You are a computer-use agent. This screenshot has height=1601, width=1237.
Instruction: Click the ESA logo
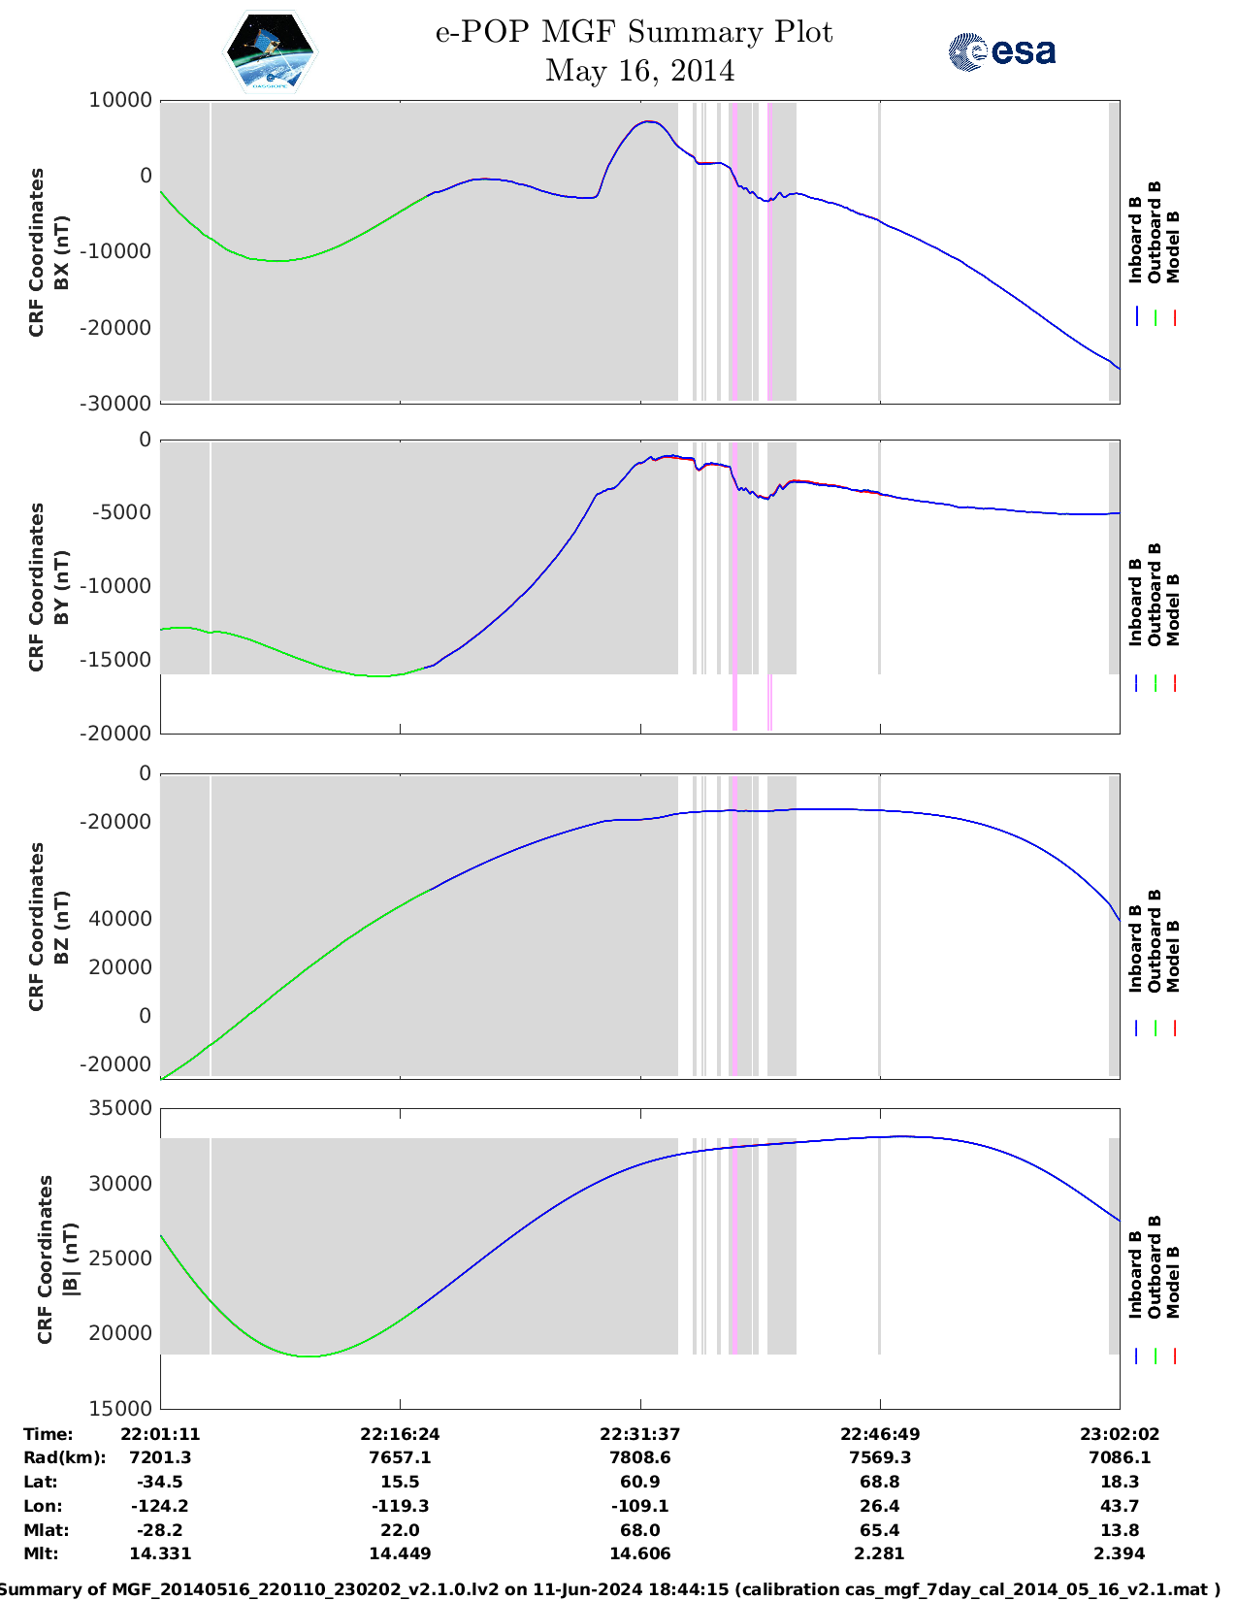point(1001,51)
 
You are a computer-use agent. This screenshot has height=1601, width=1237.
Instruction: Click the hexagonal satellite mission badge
point(271,51)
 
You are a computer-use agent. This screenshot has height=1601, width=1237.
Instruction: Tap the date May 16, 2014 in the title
point(639,71)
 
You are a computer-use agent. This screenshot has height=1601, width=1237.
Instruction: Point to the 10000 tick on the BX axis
point(121,100)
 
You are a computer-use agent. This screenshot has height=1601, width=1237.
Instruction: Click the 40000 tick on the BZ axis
point(121,919)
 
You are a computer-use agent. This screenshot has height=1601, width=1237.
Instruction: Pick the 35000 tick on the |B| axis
point(121,1108)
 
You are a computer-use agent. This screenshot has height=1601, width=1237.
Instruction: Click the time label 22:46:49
point(879,1433)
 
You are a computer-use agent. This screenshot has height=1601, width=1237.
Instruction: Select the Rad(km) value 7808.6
point(639,1457)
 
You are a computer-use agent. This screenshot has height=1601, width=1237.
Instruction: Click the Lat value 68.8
point(879,1482)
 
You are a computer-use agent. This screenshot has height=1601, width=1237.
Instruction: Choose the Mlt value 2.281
point(879,1553)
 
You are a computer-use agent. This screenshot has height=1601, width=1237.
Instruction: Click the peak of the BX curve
point(648,122)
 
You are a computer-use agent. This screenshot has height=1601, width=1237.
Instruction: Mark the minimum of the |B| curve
point(309,1356)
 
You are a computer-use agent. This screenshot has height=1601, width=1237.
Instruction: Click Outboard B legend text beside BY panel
point(1155,594)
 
